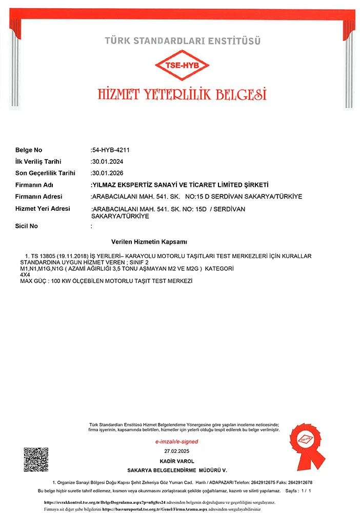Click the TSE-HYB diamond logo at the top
coord(183,65)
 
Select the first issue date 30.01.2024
coord(107,162)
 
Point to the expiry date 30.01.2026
coord(107,173)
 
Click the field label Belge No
coord(29,150)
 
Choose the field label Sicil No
coord(27,226)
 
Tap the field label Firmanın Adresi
coord(38,197)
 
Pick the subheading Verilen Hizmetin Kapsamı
coord(149,241)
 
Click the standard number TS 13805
coord(44,255)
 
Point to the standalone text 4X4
coord(25,275)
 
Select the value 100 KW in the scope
coord(59,282)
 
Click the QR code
coord(36,460)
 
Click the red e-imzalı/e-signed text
coord(176,442)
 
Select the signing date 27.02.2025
coord(177,450)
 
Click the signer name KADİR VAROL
coord(177,461)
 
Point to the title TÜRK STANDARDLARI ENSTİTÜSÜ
coord(183,40)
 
